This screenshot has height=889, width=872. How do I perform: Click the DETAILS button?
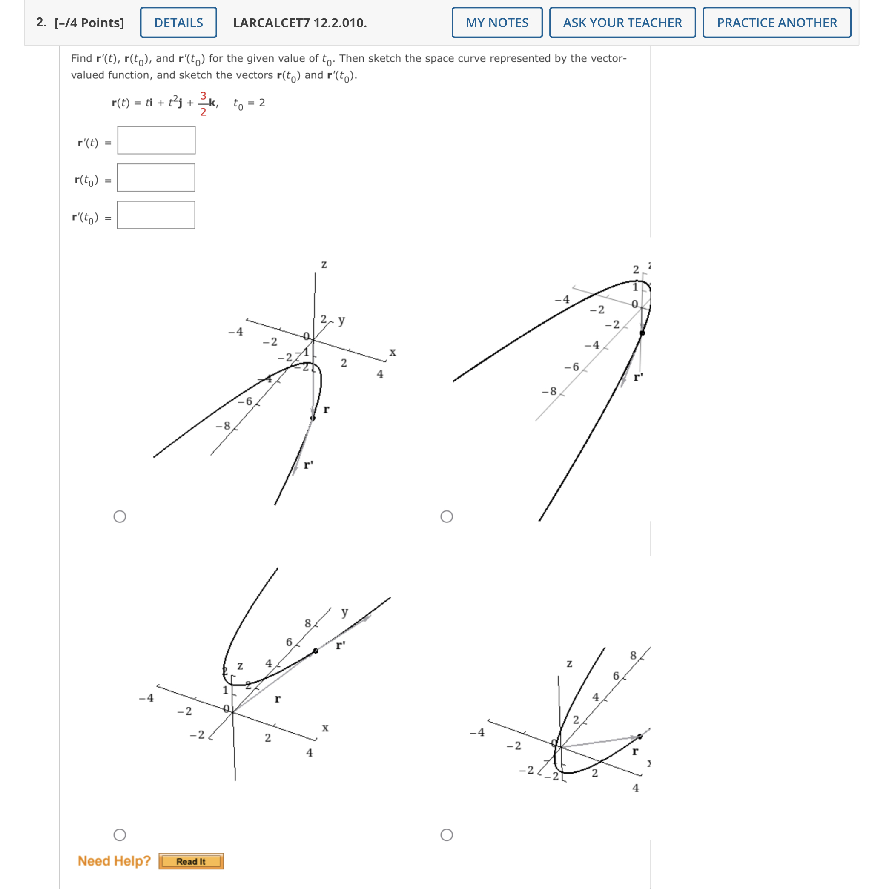(178, 23)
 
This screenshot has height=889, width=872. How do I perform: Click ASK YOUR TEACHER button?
(622, 23)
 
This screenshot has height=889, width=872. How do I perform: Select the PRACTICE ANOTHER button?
(776, 23)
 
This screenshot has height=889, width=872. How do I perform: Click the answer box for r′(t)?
(156, 140)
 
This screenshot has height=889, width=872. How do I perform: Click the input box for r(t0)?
(156, 178)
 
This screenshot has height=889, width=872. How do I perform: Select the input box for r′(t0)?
(156, 215)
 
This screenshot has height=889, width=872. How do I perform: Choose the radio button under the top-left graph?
(120, 516)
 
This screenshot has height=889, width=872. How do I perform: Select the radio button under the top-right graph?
(447, 516)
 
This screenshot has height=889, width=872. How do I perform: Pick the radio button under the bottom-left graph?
(120, 835)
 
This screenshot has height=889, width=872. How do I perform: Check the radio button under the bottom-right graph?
(447, 835)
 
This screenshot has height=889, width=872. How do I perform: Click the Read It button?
(191, 861)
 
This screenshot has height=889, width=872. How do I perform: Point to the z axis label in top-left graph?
(324, 264)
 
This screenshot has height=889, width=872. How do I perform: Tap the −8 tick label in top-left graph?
(223, 425)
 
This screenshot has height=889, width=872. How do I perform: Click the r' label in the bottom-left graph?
(340, 645)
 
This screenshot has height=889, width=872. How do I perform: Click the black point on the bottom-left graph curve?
(316, 651)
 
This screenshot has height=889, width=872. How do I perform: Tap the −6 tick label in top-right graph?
(571, 367)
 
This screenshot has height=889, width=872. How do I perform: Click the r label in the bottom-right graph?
(635, 751)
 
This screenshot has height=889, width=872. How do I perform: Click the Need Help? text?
(114, 860)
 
